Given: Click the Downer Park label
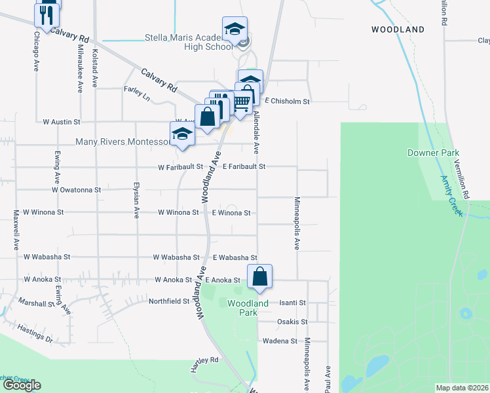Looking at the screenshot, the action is pyautogui.click(x=432, y=153).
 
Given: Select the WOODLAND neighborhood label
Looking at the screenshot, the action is pyautogui.click(x=398, y=29).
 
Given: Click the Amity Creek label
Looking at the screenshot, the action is pyautogui.click(x=452, y=196).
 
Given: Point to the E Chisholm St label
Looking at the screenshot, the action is pyautogui.click(x=287, y=102).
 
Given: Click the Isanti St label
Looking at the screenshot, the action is pyautogui.click(x=293, y=303).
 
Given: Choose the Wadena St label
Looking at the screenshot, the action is pyautogui.click(x=280, y=341).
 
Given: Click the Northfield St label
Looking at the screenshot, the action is pyautogui.click(x=169, y=301).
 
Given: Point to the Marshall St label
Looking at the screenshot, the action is pyautogui.click(x=35, y=304).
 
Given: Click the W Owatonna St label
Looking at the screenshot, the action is pyautogui.click(x=77, y=189).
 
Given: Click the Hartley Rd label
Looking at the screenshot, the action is pyautogui.click(x=205, y=360).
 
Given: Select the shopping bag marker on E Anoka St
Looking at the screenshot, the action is pyautogui.click(x=260, y=278).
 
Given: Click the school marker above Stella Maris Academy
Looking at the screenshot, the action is pyautogui.click(x=235, y=30).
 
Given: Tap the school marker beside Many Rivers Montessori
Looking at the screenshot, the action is pyautogui.click(x=182, y=135).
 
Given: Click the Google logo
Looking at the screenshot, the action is pyautogui.click(x=22, y=385).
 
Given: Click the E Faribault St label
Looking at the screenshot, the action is pyautogui.click(x=244, y=167).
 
